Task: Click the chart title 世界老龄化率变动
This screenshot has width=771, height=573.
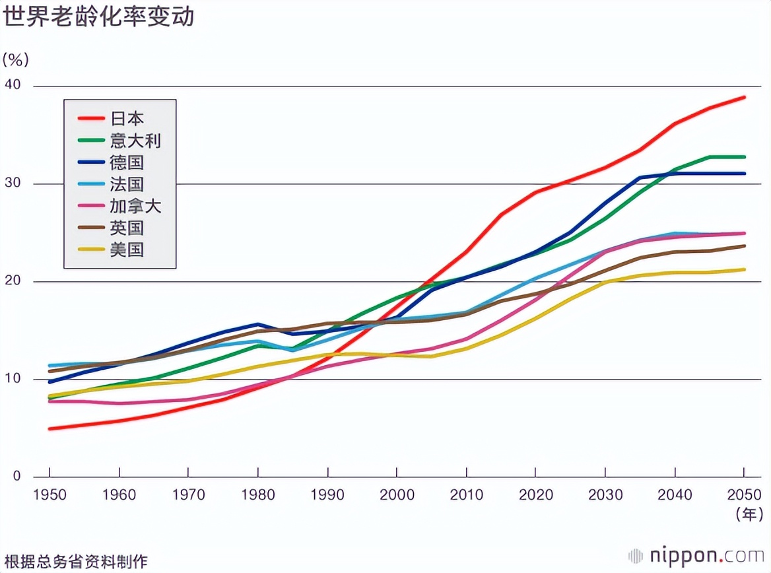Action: (99, 17)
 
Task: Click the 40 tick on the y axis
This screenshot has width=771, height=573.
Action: (13, 85)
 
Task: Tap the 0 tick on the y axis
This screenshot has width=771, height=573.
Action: (17, 476)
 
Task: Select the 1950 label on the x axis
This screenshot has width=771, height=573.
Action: (50, 494)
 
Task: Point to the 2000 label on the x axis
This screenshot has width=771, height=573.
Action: (397, 494)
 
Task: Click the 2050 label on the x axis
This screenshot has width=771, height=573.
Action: (744, 494)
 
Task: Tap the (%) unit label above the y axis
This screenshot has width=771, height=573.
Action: (16, 60)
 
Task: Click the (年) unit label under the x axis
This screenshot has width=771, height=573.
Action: (749, 514)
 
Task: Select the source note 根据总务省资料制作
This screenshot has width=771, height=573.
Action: (75, 562)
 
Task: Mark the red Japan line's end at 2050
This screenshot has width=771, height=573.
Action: (744, 97)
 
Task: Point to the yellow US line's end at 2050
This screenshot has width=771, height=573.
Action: (744, 269)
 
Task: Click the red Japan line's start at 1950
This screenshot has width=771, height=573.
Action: (50, 428)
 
